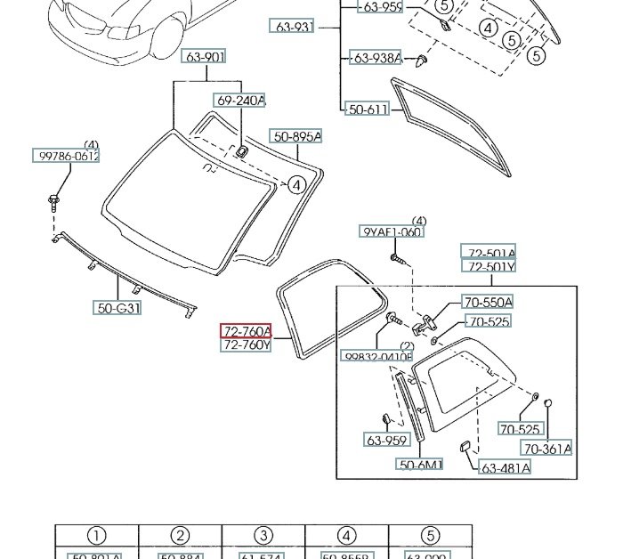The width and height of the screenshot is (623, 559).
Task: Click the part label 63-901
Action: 205,58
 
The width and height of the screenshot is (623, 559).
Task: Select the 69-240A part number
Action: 239,101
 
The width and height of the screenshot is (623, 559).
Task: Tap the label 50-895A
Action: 296,136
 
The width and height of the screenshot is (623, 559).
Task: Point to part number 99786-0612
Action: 68,156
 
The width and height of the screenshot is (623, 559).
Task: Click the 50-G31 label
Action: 118,309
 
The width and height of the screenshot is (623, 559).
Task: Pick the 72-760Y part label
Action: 246,345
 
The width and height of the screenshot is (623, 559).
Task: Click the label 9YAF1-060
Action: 392,232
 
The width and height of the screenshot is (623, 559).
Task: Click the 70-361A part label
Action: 546,449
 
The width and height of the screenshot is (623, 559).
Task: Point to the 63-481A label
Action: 506,468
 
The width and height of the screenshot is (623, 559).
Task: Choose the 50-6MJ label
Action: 421,465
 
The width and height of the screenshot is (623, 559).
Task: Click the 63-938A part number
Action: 376,59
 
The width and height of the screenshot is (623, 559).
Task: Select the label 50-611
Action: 368,109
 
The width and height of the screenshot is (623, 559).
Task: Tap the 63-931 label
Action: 294,28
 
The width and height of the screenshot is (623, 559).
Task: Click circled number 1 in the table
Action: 96,536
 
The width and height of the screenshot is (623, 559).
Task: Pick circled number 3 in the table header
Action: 263,536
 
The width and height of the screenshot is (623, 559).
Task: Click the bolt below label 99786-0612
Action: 54,200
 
